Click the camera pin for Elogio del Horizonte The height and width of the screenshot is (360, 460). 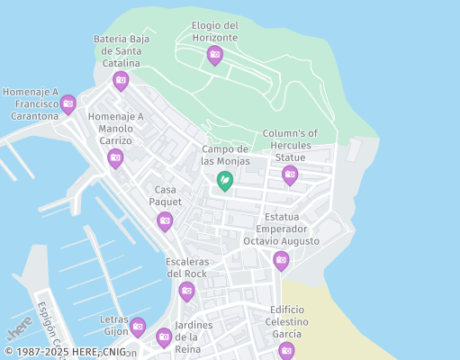(214, 55)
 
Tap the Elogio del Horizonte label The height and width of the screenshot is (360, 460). (215, 31)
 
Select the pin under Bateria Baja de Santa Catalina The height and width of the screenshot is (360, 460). (121, 81)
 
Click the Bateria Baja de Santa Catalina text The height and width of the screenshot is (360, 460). (122, 51)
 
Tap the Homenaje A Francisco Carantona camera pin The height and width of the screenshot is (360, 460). (68, 104)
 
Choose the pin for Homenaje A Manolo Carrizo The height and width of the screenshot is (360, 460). (115, 158)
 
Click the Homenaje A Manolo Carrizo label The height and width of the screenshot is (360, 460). (115, 129)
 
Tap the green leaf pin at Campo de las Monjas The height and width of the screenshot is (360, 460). (225, 182)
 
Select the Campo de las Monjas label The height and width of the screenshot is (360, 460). (225, 155)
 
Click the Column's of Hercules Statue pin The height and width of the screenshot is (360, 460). (289, 175)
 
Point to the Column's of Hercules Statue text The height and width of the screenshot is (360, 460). (290, 145)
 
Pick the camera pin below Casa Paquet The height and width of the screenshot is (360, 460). (165, 220)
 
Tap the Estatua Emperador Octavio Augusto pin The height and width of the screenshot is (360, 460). (281, 260)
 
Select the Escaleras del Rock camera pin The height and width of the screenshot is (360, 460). (186, 291)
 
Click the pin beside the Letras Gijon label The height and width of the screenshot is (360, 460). (137, 327)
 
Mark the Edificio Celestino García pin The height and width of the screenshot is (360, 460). (286, 350)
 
